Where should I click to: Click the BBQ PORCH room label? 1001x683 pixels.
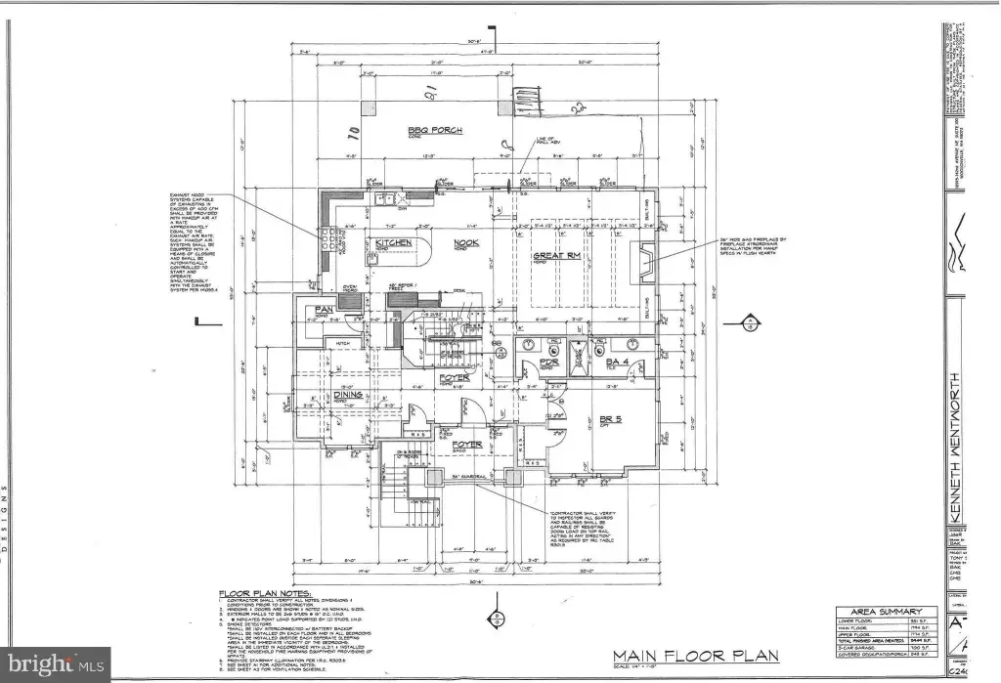point(435,130)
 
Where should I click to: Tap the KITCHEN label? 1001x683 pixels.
point(386,241)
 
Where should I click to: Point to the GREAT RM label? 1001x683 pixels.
point(553,257)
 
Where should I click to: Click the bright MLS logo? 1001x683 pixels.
point(46,664)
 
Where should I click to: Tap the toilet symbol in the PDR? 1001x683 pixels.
point(528,345)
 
